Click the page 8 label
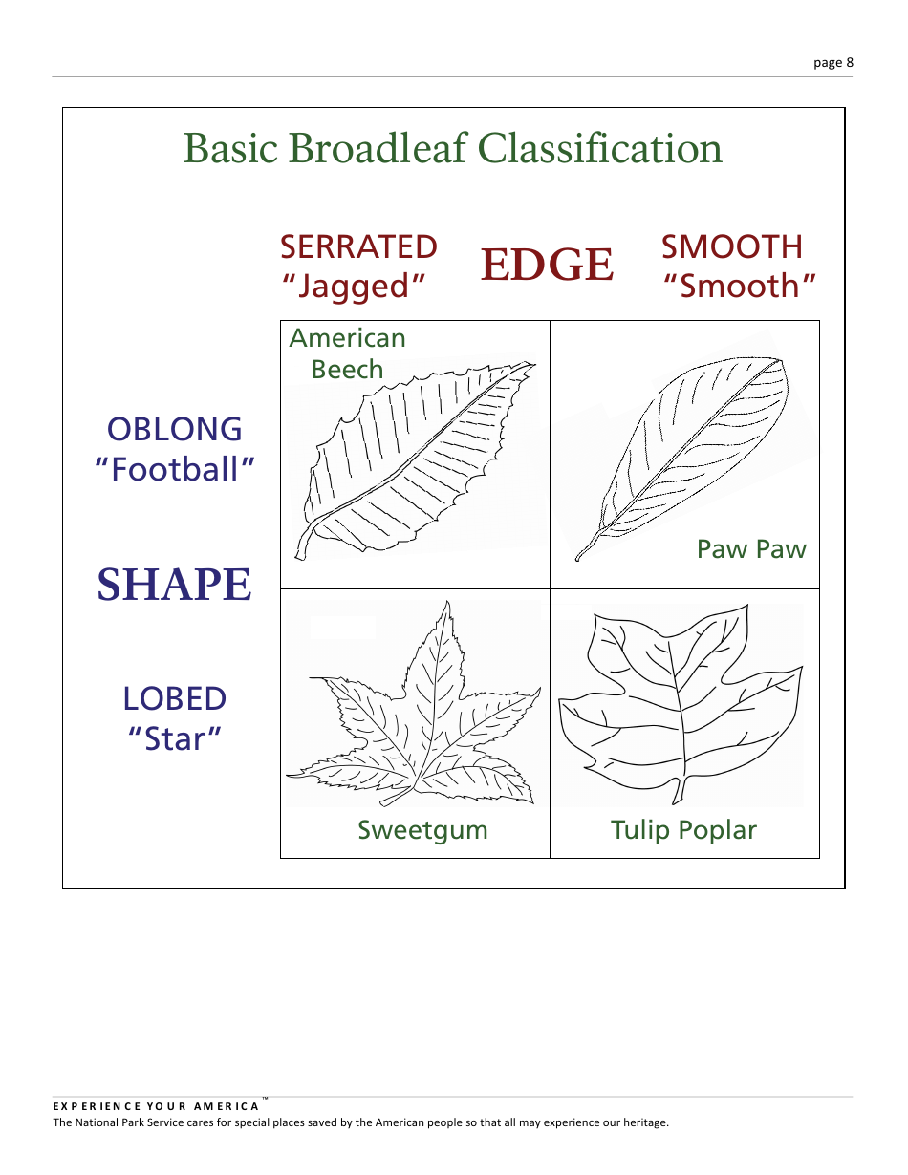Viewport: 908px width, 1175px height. [x=832, y=63]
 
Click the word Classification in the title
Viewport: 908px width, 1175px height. [x=599, y=149]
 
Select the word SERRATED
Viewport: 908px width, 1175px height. [x=358, y=247]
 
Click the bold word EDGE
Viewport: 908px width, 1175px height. [x=547, y=265]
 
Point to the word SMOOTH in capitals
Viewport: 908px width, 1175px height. [x=732, y=247]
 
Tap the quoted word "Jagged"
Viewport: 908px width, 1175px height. [x=354, y=287]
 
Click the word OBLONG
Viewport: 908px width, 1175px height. [x=175, y=429]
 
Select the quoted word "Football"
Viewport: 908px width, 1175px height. [x=176, y=469]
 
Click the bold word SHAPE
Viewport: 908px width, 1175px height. [x=175, y=585]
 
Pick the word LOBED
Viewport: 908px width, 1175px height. [x=175, y=699]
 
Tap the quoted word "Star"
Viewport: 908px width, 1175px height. [x=175, y=738]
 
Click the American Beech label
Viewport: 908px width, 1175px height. [x=347, y=353]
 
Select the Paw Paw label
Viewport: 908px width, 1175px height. [x=751, y=549]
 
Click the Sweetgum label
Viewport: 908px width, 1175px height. [x=422, y=830]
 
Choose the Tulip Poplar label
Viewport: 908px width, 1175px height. [x=683, y=830]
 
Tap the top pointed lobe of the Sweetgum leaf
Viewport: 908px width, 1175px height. [x=444, y=608]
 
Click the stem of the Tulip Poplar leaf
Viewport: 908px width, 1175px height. [x=680, y=792]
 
